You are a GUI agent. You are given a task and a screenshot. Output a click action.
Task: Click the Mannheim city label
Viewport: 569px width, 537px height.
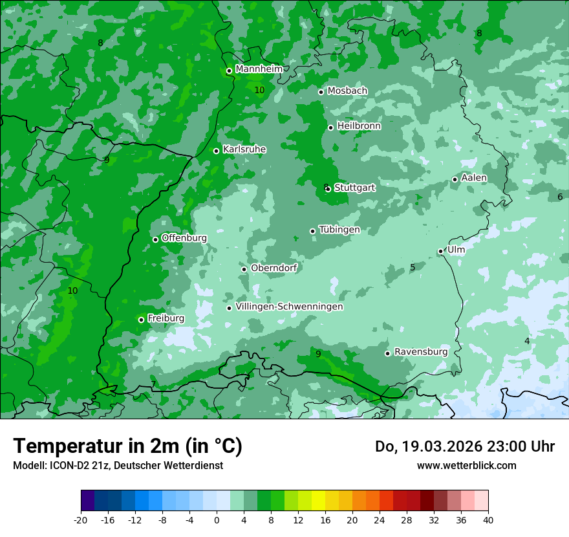259,69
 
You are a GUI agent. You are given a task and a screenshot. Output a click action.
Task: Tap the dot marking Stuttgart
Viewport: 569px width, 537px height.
328,189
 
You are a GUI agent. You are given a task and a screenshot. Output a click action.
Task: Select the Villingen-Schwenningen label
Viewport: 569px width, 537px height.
289,307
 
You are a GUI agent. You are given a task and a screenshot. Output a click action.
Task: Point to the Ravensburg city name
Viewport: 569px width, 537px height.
421,352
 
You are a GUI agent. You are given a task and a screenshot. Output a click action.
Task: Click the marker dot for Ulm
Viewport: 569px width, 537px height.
441,251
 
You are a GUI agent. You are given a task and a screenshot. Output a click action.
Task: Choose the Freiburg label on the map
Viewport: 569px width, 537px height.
166,318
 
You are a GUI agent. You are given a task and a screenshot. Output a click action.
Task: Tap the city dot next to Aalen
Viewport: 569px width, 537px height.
455,179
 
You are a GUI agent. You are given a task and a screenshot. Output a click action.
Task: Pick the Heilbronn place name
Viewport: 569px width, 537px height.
359,126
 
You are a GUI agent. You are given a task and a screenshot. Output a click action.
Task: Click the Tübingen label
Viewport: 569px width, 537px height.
339,230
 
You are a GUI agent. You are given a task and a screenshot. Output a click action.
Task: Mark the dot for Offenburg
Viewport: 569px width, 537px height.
155,239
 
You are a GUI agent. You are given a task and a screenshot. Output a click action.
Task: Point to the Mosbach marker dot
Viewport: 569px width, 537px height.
321,92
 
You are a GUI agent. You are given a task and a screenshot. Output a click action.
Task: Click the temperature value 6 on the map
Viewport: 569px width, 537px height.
560,197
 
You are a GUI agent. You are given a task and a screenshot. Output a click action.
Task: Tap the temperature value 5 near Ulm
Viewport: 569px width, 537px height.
413,267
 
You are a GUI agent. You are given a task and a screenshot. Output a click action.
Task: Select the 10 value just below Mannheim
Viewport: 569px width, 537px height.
259,90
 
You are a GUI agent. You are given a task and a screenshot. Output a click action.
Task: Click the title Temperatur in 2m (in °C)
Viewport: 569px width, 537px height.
127,446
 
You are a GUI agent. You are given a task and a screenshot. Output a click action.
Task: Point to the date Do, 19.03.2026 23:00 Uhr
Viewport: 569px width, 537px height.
465,446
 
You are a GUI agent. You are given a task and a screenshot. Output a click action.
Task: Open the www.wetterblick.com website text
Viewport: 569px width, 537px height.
466,466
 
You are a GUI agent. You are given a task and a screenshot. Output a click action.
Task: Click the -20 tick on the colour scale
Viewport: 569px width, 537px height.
81,520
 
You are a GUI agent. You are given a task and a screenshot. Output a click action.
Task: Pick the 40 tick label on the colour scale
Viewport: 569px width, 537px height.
488,520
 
